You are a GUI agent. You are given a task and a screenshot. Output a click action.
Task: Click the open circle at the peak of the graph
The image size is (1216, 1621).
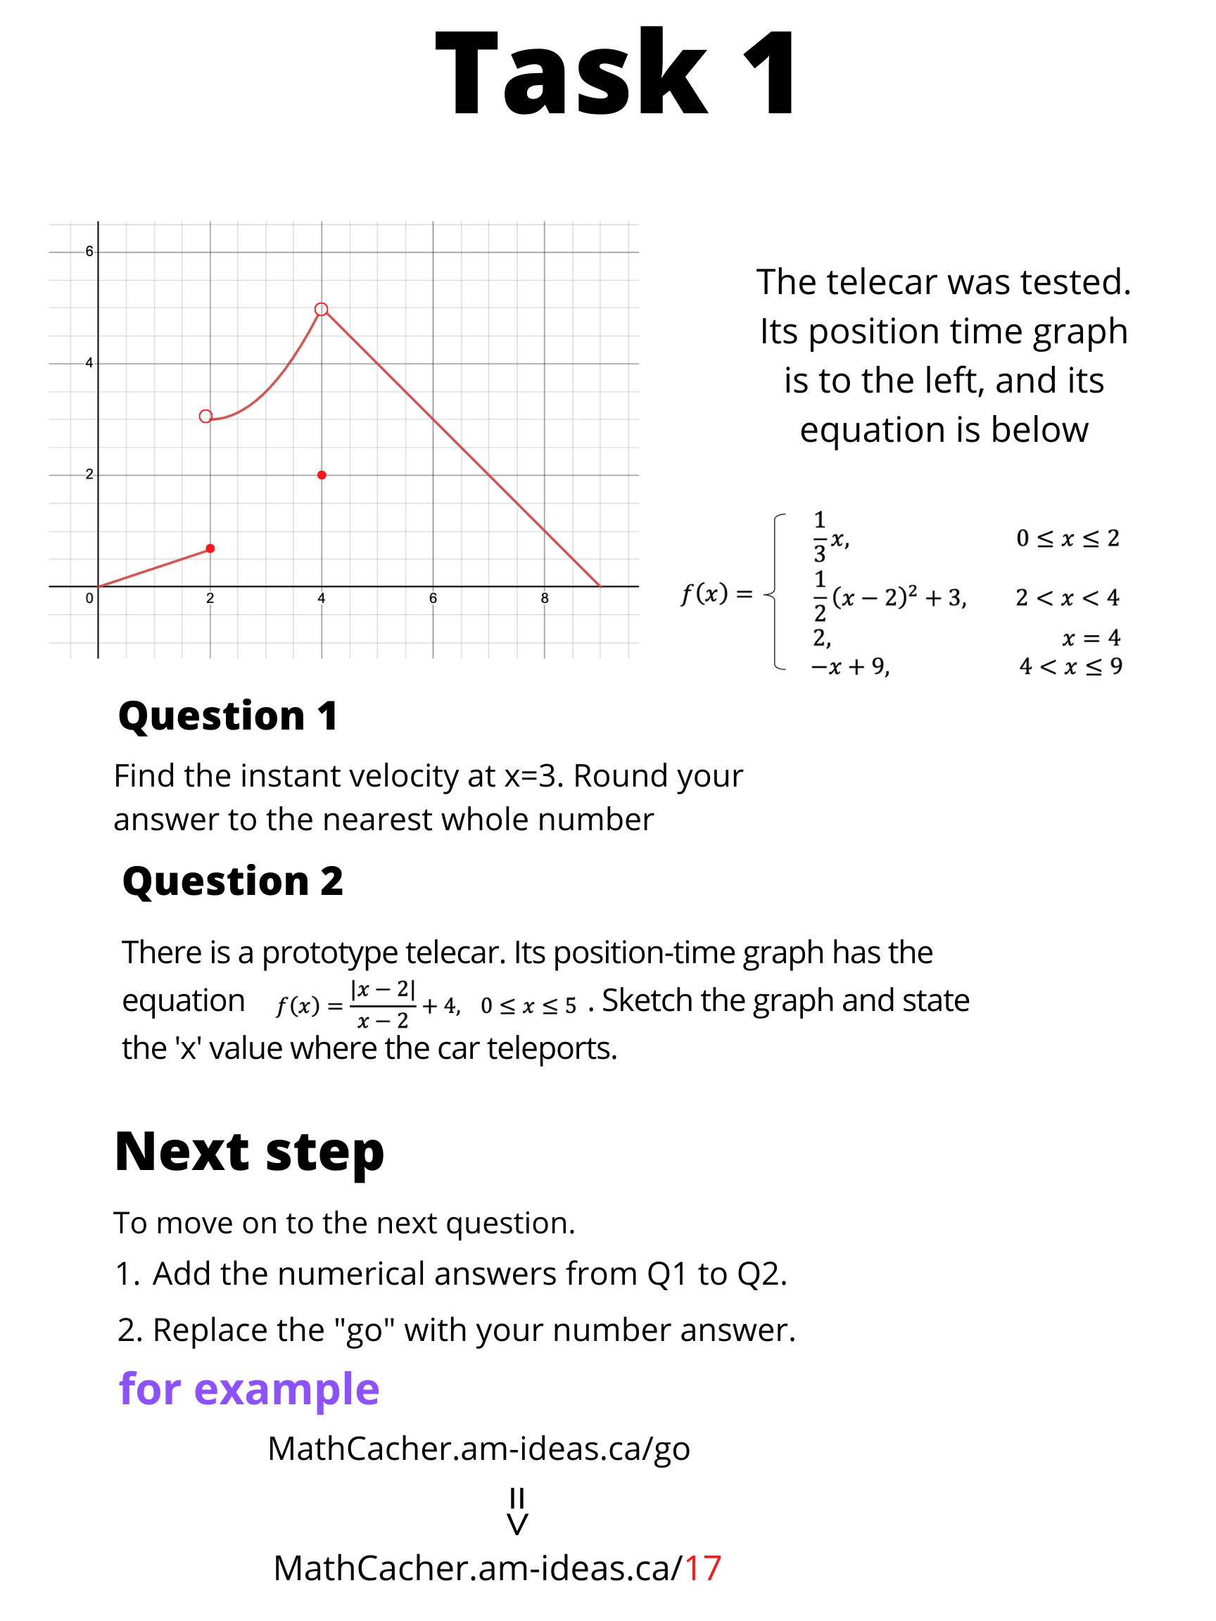click(x=321, y=310)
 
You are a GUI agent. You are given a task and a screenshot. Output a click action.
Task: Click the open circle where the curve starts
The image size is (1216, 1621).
click(x=206, y=417)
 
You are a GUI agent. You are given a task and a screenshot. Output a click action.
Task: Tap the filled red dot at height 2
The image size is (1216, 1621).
click(x=322, y=475)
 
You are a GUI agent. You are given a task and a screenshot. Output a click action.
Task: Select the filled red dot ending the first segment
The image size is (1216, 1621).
click(x=210, y=548)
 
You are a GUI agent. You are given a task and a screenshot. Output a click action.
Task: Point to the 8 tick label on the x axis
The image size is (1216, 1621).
click(x=545, y=598)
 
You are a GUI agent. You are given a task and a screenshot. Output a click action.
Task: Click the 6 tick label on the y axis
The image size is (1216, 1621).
click(x=89, y=251)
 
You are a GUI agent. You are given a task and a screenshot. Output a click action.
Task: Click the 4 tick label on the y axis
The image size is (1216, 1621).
click(x=89, y=363)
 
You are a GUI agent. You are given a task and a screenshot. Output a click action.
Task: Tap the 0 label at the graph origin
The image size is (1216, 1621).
click(x=89, y=598)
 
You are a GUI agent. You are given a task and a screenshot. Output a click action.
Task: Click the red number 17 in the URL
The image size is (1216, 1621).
click(x=702, y=1568)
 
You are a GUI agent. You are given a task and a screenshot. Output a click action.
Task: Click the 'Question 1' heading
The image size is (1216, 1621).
click(x=228, y=716)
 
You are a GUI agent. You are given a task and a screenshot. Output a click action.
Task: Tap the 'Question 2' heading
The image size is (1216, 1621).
click(x=232, y=881)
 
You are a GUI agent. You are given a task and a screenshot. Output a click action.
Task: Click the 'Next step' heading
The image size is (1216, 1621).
click(x=249, y=1152)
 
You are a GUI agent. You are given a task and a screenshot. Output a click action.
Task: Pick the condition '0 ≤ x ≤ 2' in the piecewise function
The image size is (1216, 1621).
click(x=1068, y=539)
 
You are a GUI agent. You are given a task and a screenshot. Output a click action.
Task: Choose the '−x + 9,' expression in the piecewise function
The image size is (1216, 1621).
click(x=850, y=666)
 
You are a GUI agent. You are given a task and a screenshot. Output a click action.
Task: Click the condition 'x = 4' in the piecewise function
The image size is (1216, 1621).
click(x=1091, y=638)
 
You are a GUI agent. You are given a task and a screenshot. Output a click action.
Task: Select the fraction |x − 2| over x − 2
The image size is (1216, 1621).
click(x=383, y=1005)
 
